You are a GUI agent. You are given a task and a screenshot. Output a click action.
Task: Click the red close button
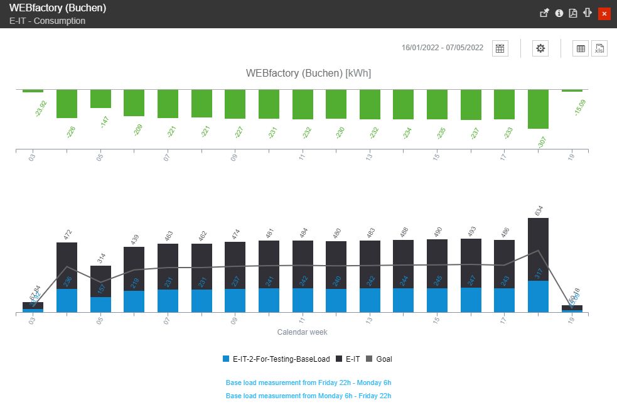(x=604, y=13)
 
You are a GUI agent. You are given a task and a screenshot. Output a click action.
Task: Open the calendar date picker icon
(x=500, y=48)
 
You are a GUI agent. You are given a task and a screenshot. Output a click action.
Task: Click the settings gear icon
(x=540, y=48)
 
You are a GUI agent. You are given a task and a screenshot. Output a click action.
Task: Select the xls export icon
(x=599, y=48)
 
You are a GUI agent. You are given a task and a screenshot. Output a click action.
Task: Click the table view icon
(x=581, y=48)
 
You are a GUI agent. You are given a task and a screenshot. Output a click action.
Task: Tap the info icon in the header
(x=559, y=13)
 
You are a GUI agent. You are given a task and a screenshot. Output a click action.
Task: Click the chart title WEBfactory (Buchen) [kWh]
(x=308, y=73)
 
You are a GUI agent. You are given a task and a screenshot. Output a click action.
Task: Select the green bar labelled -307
(x=538, y=109)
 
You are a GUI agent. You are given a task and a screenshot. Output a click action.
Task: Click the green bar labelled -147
(x=100, y=99)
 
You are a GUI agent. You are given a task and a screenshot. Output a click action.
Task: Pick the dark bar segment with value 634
(x=538, y=249)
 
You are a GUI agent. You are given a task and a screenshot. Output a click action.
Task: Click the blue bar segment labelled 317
(x=538, y=296)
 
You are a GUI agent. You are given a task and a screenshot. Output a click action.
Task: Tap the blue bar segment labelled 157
(x=100, y=305)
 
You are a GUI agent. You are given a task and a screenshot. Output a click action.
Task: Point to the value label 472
(x=68, y=235)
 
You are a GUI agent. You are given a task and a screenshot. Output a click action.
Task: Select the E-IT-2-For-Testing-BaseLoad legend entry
(x=276, y=359)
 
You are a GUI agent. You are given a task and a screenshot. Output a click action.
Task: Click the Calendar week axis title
(x=302, y=332)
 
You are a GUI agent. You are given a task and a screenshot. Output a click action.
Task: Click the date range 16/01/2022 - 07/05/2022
(x=442, y=48)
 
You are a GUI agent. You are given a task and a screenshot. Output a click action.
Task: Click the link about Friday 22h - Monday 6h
(x=308, y=383)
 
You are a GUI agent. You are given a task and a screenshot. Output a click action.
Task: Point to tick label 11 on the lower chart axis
(x=302, y=320)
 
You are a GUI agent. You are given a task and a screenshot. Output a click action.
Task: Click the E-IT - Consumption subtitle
(x=48, y=21)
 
